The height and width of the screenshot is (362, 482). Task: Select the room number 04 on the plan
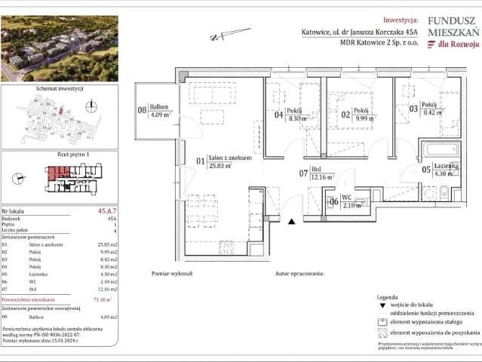pos(278,115)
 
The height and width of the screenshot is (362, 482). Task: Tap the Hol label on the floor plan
pos(318,170)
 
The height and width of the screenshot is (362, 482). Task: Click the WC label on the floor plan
pos(347,198)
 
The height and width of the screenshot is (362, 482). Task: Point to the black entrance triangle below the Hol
pos(292,222)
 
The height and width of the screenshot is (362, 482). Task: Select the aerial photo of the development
pos(59,48)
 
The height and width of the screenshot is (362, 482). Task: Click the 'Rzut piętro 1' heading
pos(62,154)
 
